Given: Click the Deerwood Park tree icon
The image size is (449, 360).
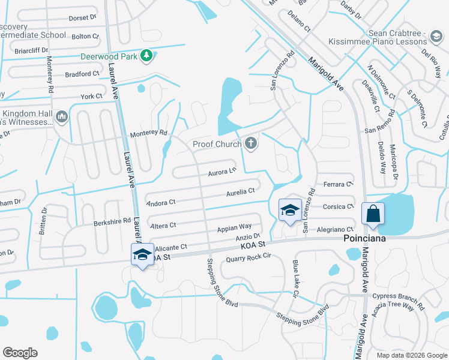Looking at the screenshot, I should (x=146, y=56).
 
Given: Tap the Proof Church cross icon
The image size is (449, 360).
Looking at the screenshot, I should (x=251, y=143).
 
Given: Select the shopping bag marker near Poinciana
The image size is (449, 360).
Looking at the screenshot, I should (x=373, y=214).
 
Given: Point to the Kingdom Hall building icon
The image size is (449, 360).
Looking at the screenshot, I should (x=62, y=116).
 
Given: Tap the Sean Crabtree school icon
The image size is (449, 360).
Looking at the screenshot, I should (x=434, y=37).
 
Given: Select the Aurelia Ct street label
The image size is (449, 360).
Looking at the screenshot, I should (x=241, y=191).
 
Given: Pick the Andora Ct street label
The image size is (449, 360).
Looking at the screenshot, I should (x=160, y=203).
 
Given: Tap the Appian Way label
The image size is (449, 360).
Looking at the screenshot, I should (x=234, y=227).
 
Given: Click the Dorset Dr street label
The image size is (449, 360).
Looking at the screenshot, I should (x=83, y=18).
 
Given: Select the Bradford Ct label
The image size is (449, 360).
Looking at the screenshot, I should (x=82, y=74).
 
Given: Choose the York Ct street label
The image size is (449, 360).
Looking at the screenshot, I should (x=91, y=96).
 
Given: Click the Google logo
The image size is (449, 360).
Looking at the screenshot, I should (x=20, y=353).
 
